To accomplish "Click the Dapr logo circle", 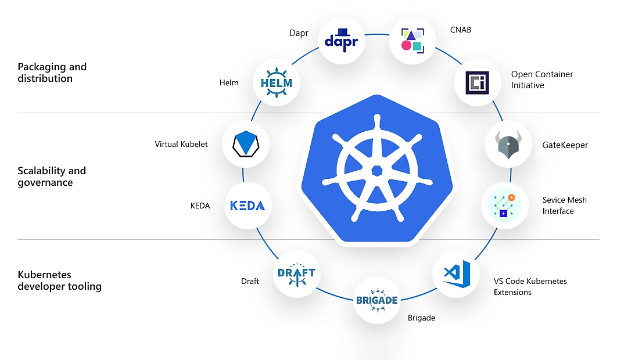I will [x=342, y=40].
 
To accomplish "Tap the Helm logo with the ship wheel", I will [x=277, y=82].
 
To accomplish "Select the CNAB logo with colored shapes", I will [x=412, y=39].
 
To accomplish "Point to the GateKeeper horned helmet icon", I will [x=508, y=144].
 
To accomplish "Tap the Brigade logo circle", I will [x=376, y=300].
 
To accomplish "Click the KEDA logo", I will [x=247, y=206].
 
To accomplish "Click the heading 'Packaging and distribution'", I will [x=52, y=73].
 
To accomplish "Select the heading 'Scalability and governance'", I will [x=52, y=177].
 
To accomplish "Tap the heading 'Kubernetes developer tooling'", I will [x=59, y=280].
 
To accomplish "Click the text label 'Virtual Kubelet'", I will [x=181, y=144].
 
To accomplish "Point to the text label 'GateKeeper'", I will [x=565, y=145].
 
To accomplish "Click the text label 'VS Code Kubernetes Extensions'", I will [x=530, y=286].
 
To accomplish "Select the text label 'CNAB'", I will [x=461, y=30].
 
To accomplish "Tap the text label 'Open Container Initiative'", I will [x=541, y=80].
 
